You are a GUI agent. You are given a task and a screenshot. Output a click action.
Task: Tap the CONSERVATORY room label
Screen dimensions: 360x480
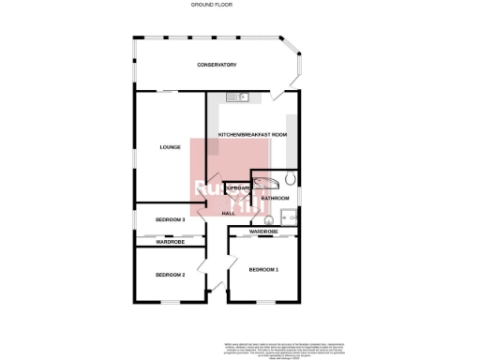pyautogui.click(x=216, y=65)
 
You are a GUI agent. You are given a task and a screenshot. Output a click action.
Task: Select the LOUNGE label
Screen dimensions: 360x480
pyautogui.click(x=170, y=147)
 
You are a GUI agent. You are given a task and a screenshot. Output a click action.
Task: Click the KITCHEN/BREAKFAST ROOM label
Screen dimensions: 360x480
pyautogui.click(x=252, y=135)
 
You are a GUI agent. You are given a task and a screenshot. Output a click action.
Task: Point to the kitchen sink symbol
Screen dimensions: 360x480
pyautogui.click(x=240, y=96)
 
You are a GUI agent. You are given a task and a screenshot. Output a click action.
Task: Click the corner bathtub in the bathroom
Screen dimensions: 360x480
pyautogui.click(x=264, y=181)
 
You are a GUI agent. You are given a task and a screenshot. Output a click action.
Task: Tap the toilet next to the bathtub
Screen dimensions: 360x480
pyautogui.click(x=291, y=179)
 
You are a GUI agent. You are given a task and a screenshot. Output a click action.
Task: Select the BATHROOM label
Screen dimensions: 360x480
pyautogui.click(x=275, y=199)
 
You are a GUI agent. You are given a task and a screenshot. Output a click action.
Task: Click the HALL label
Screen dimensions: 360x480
pyautogui.click(x=228, y=213)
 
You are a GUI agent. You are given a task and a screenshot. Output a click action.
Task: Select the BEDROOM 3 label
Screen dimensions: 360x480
pyautogui.click(x=170, y=219)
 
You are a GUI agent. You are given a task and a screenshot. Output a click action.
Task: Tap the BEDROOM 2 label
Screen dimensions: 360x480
pyautogui.click(x=170, y=275)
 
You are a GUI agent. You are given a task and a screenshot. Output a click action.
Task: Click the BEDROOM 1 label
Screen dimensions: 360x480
pyautogui.click(x=263, y=270)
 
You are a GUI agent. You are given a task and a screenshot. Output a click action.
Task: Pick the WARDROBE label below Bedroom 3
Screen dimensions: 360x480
pyautogui.click(x=170, y=242)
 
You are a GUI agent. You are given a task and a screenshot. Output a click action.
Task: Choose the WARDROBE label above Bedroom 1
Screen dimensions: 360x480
pyautogui.click(x=263, y=232)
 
